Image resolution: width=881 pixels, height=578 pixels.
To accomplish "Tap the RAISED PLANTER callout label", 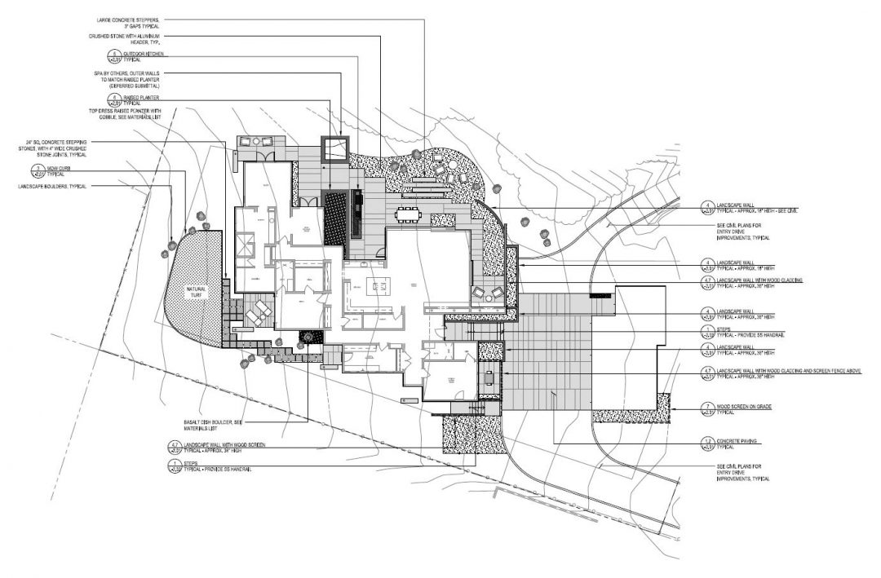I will tap(143, 95).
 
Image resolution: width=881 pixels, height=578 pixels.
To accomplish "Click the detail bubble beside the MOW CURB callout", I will tap(37, 171).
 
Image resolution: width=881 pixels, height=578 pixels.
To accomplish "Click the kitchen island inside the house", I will tap(378, 285).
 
